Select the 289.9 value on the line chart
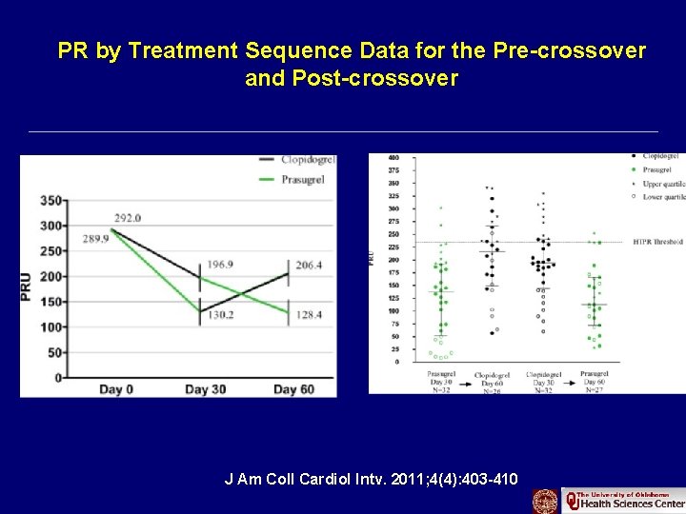click(x=96, y=238)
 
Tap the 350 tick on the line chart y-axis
click(x=51, y=201)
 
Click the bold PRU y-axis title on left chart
click(x=30, y=287)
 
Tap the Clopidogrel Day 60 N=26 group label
click(x=491, y=381)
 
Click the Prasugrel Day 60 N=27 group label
click(x=593, y=381)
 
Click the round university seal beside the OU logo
click(x=545, y=501)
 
